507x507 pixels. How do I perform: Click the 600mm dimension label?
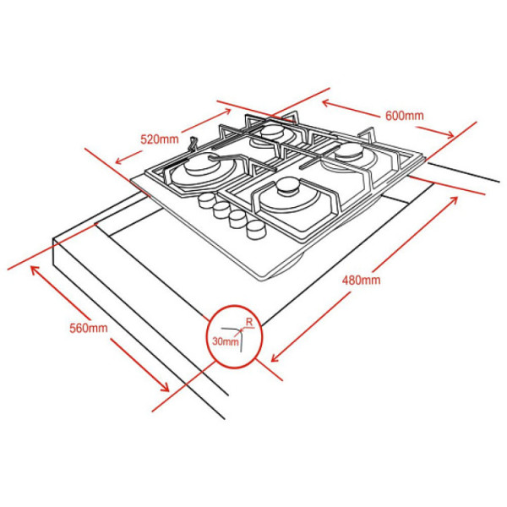pos(404,116)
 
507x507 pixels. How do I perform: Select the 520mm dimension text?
pos(160,139)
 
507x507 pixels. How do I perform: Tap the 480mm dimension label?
pos(361,280)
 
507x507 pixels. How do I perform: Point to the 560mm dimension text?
pos(89,328)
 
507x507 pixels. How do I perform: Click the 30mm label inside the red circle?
pos(226,341)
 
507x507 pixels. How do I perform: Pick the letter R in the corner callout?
pos(249,322)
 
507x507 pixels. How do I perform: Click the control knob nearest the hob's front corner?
pos(256,230)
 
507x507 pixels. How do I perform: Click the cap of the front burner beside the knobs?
pos(286,186)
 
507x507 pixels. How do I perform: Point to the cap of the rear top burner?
pos(272,131)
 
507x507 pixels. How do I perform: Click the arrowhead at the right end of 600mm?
pos(450,134)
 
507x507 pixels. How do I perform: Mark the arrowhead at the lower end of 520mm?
pos(120,160)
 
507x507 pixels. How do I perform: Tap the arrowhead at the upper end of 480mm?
pos(453,200)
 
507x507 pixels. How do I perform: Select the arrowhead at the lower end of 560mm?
pos(164,387)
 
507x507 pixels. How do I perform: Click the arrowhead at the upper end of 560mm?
pos(35,270)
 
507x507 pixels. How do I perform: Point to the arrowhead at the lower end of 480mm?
pos(275,357)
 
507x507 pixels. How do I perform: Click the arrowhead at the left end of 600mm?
pos(326,103)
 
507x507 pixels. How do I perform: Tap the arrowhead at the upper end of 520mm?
pos(226,112)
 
